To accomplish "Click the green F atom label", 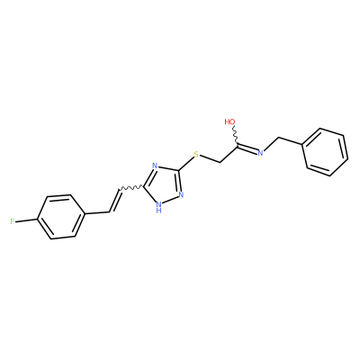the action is point(12,221).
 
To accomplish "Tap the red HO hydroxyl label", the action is point(230,121).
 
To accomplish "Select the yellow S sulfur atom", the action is point(196,155).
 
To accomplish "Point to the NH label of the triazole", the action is point(159,207).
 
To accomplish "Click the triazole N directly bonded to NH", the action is point(181,194).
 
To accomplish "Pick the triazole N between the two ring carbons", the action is point(155,166).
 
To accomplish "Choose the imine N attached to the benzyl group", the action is point(260,153).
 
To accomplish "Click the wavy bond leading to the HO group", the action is point(236,136).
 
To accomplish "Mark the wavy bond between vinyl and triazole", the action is point(131,188).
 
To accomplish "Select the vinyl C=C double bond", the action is point(114,201).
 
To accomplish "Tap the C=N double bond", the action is point(247,149).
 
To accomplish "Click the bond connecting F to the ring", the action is point(26,220).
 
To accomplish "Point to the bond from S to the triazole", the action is point(186,164).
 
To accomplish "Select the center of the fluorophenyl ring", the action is point(60,218).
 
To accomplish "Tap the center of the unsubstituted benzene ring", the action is point(326,152).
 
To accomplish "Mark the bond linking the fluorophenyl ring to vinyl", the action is point(96,213).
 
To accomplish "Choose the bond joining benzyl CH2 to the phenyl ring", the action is point(291,141).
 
